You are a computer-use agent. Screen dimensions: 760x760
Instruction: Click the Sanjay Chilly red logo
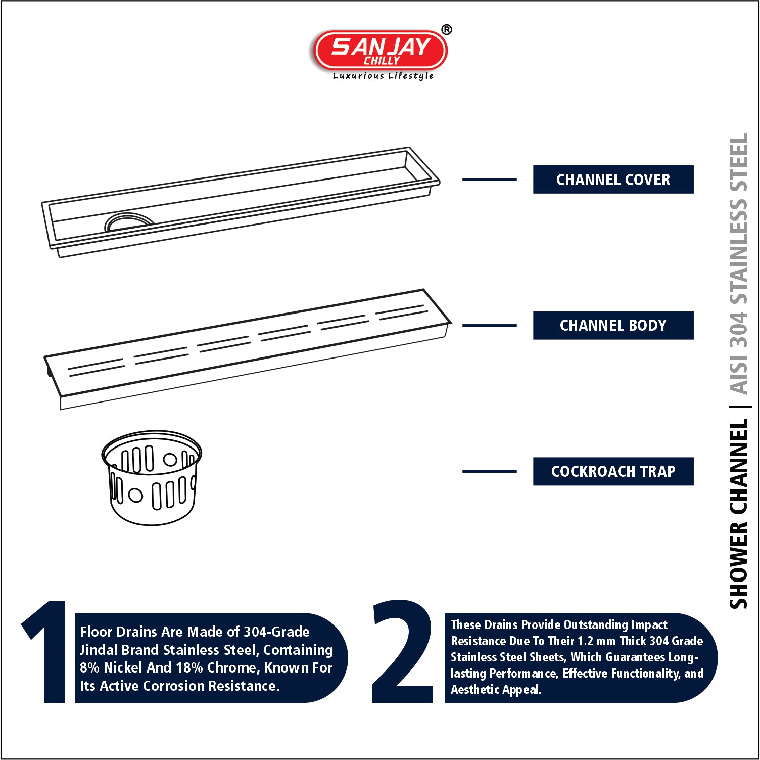[380, 50]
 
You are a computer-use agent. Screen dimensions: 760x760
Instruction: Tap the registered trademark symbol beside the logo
[447, 30]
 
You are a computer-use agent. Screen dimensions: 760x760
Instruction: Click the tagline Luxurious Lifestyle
[383, 76]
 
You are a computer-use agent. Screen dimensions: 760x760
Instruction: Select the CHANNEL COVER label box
[613, 180]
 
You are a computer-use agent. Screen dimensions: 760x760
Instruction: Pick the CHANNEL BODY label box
[613, 325]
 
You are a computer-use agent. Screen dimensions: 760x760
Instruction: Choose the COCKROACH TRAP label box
[613, 471]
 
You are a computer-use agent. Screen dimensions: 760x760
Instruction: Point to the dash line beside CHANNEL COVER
[490, 179]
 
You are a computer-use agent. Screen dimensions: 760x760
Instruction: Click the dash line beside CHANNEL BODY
[490, 325]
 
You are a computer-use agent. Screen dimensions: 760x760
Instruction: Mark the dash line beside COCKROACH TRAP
[490, 471]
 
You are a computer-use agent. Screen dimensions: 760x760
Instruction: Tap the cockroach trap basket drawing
[152, 478]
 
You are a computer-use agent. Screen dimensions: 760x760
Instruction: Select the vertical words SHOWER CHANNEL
[738, 514]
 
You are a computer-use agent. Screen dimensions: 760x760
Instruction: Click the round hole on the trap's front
[135, 495]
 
